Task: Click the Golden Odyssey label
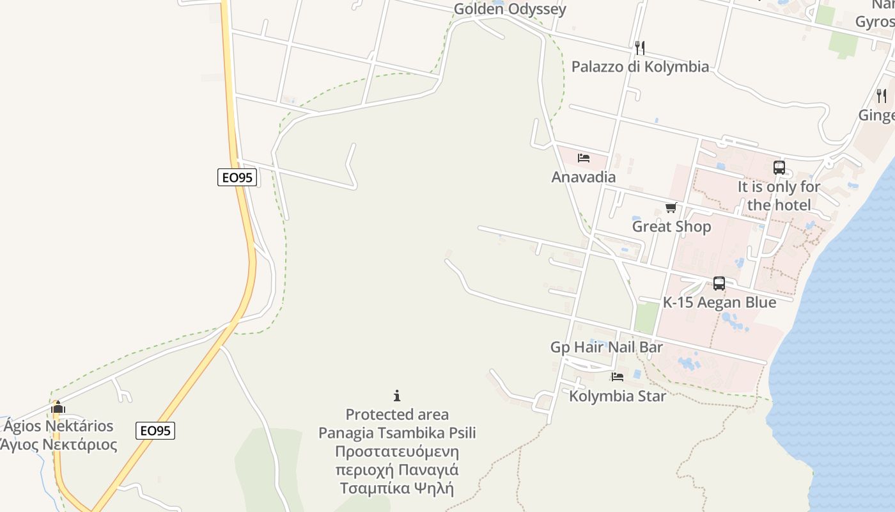510,9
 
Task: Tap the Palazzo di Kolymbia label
640,67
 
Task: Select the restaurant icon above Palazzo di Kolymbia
639,48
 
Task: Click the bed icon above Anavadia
583,158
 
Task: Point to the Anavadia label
583,177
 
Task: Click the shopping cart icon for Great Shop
671,207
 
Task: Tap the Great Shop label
671,227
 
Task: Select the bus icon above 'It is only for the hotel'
779,168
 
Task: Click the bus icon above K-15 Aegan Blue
719,284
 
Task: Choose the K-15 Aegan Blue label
719,303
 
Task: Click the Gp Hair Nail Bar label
606,347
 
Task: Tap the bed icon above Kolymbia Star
617,377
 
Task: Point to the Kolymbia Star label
617,396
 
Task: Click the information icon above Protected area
397,396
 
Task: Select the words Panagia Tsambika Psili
397,433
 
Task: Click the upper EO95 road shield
237,177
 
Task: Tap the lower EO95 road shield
155,431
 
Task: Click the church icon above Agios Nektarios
58,407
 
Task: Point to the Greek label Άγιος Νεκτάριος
59,445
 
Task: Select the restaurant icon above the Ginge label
882,96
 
